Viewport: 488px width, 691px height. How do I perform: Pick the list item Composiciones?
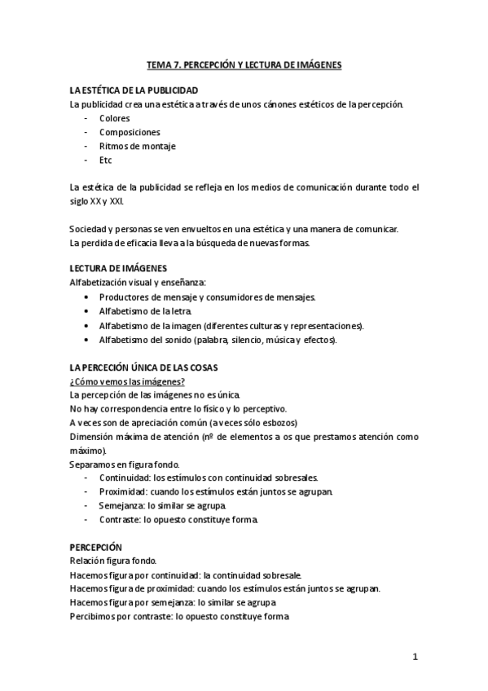[130, 132]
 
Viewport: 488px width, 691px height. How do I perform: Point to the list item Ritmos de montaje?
[138, 147]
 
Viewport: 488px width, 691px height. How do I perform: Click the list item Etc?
[106, 161]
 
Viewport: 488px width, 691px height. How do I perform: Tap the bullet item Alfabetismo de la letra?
[147, 311]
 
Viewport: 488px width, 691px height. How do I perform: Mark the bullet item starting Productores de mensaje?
[207, 297]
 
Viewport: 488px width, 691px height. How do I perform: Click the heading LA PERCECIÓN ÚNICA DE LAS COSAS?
[143, 367]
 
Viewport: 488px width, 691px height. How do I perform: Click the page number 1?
[415, 657]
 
